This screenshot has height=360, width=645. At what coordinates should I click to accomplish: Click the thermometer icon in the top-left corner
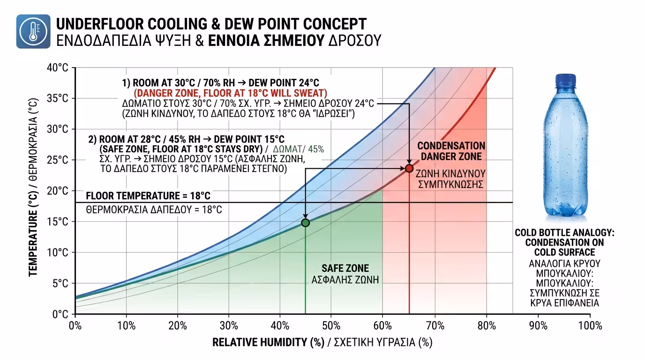[33, 31]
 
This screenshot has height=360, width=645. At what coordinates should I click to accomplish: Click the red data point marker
[409, 168]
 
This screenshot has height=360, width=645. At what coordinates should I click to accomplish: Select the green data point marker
[305, 223]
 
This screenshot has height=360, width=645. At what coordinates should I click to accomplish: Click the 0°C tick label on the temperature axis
[61, 314]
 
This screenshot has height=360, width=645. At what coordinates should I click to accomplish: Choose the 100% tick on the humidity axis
[590, 325]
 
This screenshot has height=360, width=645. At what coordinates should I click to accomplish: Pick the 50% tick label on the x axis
[332, 325]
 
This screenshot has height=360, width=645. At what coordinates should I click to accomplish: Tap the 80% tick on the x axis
[487, 325]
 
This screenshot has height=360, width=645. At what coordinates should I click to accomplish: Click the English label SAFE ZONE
[345, 269]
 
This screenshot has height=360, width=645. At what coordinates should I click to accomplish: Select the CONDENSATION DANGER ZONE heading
[451, 151]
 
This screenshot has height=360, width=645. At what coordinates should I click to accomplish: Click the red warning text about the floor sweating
[231, 92]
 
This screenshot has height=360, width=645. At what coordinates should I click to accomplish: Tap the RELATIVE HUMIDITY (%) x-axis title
[268, 343]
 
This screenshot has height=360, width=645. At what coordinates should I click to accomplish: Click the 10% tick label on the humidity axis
[126, 325]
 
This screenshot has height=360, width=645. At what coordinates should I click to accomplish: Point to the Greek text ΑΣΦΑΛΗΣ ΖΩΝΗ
[345, 280]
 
